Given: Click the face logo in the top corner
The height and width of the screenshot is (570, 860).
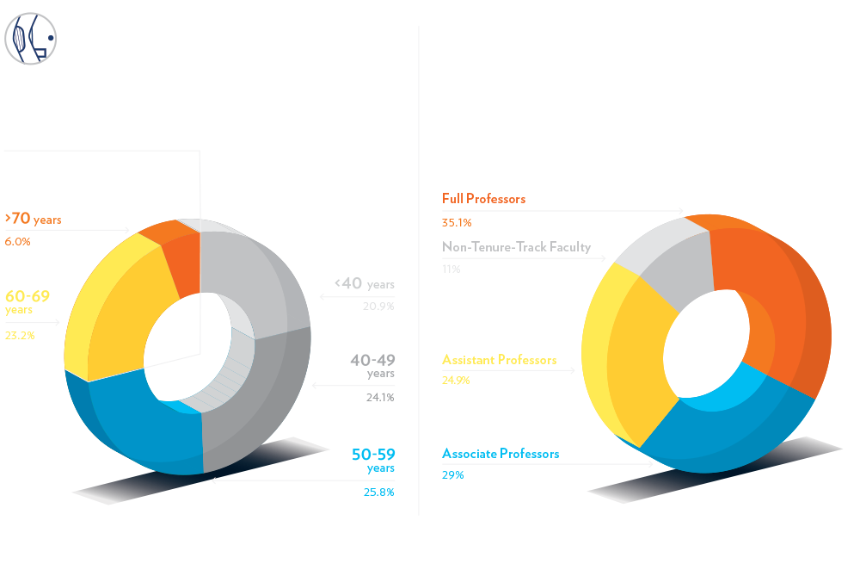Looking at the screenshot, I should click(x=31, y=40).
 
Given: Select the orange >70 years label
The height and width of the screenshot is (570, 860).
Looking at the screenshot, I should click(x=33, y=220).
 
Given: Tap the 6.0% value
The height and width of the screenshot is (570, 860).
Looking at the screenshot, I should click(x=17, y=242).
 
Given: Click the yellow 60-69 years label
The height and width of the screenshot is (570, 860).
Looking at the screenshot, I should click(x=28, y=300).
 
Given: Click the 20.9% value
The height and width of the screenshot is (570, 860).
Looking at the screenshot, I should click(x=378, y=307).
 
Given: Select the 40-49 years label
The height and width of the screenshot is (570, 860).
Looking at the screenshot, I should click(x=372, y=365).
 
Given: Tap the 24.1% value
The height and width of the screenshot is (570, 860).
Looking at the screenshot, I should click(x=378, y=398).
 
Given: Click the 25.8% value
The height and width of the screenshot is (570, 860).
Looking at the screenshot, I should click(x=378, y=493).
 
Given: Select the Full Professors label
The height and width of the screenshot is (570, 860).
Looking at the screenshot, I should click(x=483, y=199).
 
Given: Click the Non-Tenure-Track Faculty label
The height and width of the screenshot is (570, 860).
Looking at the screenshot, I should click(x=516, y=247).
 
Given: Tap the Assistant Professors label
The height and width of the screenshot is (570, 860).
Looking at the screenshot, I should click(x=499, y=360).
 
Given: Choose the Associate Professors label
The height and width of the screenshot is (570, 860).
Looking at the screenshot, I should click(x=501, y=453).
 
